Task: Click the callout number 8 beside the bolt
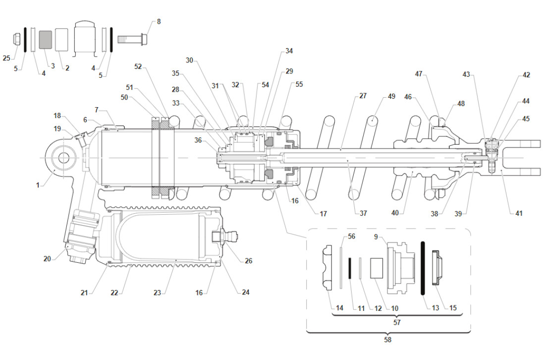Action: tap(159, 22)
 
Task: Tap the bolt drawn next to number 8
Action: tap(133, 38)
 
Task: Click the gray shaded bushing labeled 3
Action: tap(45, 39)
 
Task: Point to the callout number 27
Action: tap(363, 96)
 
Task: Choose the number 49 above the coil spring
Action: tap(391, 96)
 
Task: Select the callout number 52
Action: tap(138, 66)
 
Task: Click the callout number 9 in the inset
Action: tap(378, 237)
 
